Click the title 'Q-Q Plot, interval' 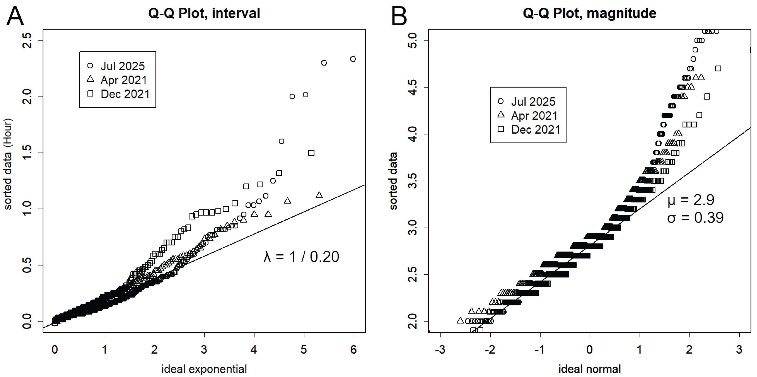(204, 13)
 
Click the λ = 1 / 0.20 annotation (301, 257)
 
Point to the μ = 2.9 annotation (690, 200)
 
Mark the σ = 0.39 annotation (695, 218)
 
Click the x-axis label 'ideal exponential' (204, 369)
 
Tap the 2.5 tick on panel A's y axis (27, 40)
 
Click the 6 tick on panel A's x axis (353, 350)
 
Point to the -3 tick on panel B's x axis (440, 350)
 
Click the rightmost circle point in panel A (353, 59)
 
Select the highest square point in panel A (311, 153)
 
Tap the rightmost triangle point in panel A (319, 195)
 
